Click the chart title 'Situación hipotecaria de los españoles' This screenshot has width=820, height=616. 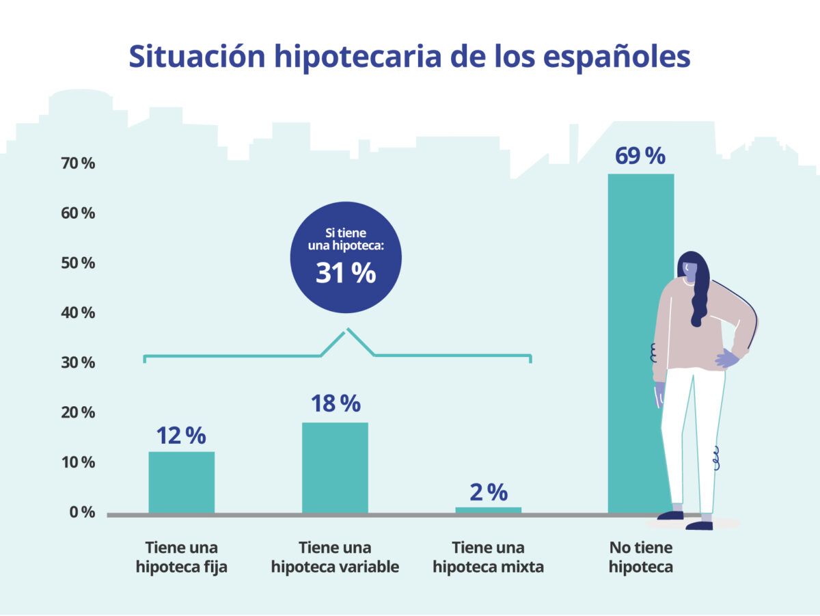pyautogui.click(x=409, y=57)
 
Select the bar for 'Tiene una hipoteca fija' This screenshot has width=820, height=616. pyautogui.click(x=182, y=482)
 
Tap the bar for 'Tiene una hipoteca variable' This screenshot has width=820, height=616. pyautogui.click(x=335, y=468)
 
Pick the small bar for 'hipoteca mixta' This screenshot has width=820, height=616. pyautogui.click(x=488, y=509)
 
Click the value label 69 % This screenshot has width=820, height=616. pyautogui.click(x=640, y=156)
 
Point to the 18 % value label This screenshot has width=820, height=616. pyautogui.click(x=335, y=404)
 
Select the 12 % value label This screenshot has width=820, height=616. pyautogui.click(x=181, y=436)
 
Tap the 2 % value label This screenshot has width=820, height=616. pyautogui.click(x=488, y=492)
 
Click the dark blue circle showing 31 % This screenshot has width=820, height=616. pyautogui.click(x=346, y=257)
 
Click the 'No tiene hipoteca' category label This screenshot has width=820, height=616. pyautogui.click(x=640, y=557)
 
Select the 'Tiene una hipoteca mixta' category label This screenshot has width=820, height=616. pyautogui.click(x=488, y=557)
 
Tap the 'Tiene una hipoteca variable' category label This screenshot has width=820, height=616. pyautogui.click(x=335, y=557)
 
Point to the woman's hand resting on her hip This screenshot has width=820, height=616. pyautogui.click(x=726, y=358)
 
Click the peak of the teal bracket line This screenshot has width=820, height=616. pyautogui.click(x=347, y=329)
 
